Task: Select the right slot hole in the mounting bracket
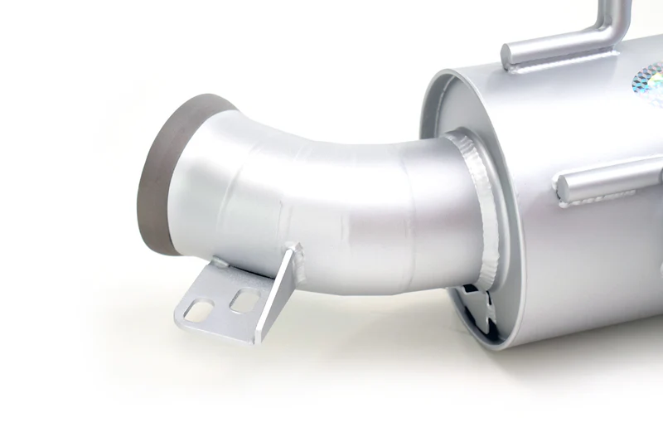[x=241, y=300]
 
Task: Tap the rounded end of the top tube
[x=507, y=55]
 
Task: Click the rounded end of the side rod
[x=564, y=187]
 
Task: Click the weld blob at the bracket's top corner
[x=292, y=246]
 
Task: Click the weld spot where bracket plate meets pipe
[x=220, y=264]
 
